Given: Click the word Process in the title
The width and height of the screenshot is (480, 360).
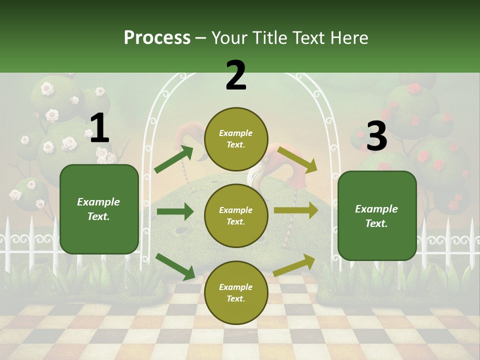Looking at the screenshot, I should (x=157, y=38).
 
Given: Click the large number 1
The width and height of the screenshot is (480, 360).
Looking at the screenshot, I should (x=99, y=129).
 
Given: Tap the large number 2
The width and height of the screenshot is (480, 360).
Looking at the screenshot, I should (x=236, y=75).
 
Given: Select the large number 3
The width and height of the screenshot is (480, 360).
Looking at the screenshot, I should (x=376, y=136).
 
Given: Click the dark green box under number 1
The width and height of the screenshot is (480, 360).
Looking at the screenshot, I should (x=99, y=209).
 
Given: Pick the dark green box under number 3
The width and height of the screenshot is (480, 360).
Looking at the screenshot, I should (x=377, y=215).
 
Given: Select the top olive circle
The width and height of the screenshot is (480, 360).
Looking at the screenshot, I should (x=236, y=139).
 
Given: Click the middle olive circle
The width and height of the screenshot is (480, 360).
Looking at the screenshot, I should (x=236, y=215).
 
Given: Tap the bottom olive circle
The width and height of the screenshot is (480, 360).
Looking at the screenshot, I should (x=236, y=292).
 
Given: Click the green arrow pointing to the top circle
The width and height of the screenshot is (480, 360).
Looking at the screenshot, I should (x=174, y=159).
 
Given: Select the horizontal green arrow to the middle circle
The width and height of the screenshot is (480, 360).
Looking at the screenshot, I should (x=175, y=211).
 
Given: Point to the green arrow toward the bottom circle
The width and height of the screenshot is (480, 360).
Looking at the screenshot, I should (x=175, y=266).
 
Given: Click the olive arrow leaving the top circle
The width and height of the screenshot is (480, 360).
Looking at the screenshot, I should (x=297, y=159).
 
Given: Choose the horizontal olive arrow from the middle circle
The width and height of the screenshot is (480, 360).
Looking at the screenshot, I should (x=295, y=210).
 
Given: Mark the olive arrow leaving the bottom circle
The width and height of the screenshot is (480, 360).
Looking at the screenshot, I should (x=294, y=265).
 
